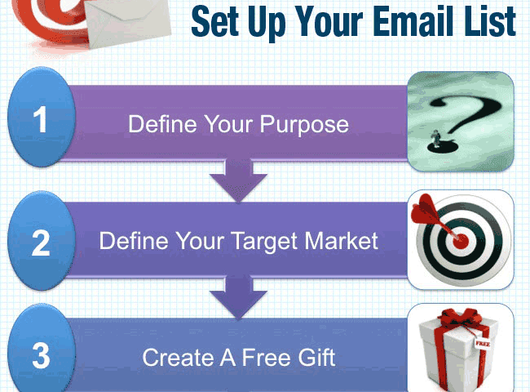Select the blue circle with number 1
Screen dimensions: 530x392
(x=42, y=117)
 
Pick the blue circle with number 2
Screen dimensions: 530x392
(x=42, y=241)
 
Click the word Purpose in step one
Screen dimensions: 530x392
(x=304, y=126)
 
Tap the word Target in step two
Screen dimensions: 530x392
(x=266, y=243)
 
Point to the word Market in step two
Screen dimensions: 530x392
(x=342, y=241)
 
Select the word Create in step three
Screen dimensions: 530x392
(x=179, y=358)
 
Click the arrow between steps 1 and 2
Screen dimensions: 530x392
(x=238, y=180)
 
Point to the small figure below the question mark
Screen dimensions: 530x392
(x=435, y=139)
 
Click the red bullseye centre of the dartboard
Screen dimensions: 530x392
(x=461, y=241)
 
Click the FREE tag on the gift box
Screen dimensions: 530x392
(x=482, y=344)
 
